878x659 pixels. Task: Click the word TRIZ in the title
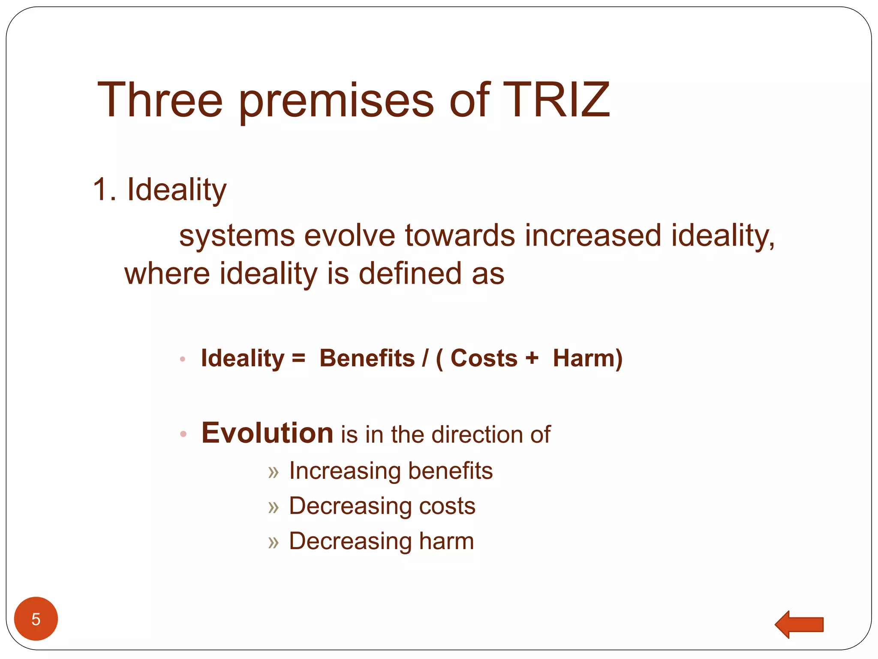[556, 100]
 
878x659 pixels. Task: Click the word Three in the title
[160, 100]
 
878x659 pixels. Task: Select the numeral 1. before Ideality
[104, 189]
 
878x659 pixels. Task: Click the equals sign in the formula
[298, 358]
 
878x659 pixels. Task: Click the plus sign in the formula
[532, 358]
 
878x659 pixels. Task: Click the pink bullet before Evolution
[183, 434]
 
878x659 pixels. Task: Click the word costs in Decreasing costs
[447, 506]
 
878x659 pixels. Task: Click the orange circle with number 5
[36, 619]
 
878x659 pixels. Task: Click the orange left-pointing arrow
[799, 624]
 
